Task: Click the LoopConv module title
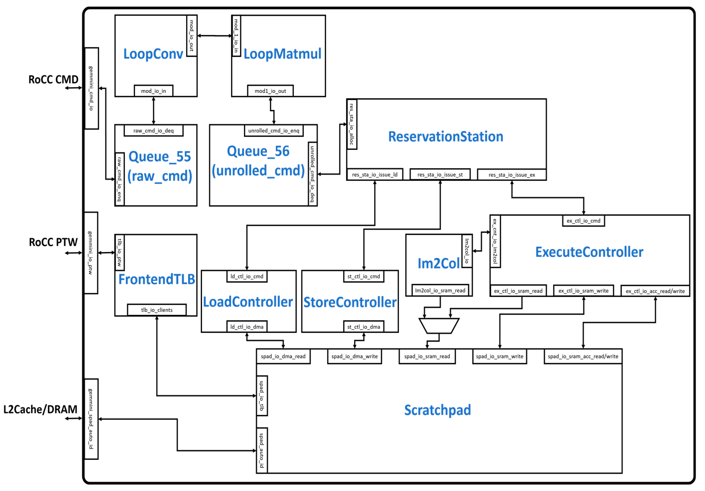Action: click(153, 54)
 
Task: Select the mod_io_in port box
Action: click(153, 91)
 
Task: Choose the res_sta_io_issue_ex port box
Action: click(512, 175)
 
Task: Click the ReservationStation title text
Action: click(446, 137)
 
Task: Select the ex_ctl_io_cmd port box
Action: click(583, 221)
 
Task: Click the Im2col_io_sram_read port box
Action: click(440, 291)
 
